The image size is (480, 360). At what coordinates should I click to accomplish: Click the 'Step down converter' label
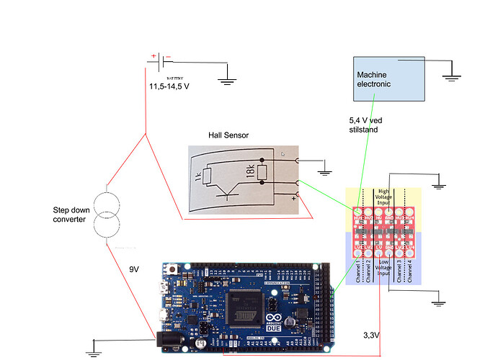click(74, 214)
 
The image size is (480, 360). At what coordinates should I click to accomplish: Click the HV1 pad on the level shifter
click(357, 214)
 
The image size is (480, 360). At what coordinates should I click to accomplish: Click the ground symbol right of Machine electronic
click(450, 73)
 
